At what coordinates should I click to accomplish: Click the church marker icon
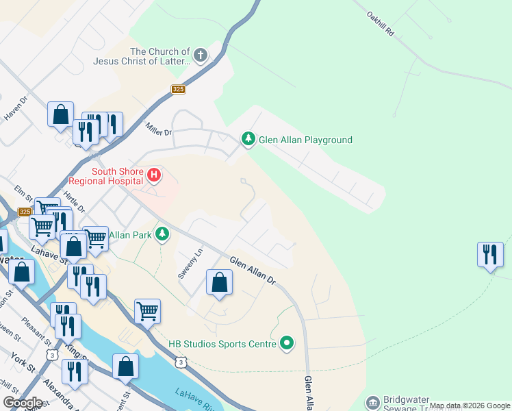coord(201,55)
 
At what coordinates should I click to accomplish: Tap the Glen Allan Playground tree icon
coord(247,140)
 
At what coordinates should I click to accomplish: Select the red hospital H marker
coord(154,175)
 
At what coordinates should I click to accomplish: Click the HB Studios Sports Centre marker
coord(287,343)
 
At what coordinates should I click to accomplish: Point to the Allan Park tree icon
coord(162,235)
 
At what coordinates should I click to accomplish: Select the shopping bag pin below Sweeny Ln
coord(219,282)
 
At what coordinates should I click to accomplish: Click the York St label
coord(23,363)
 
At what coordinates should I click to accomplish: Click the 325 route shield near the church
coord(178,90)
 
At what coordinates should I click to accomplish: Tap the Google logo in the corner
coord(23,402)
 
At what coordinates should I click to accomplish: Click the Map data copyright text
coord(470,406)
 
